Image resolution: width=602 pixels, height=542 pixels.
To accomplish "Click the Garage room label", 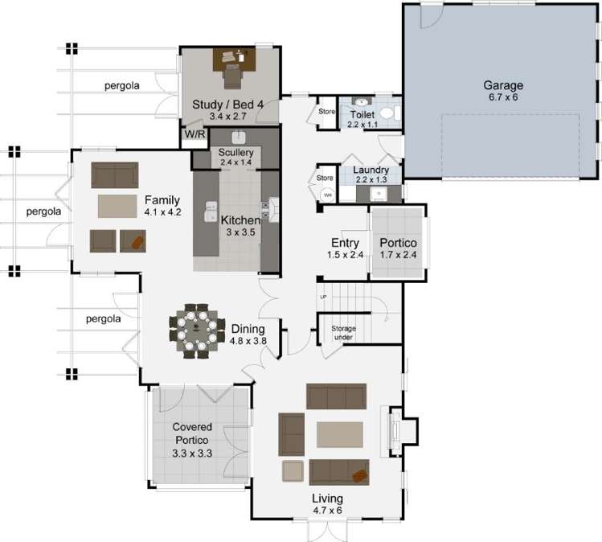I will (x=503, y=84).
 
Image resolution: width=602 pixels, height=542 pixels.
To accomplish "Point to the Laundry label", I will (x=370, y=170).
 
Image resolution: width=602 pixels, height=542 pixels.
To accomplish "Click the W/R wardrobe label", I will (x=195, y=134).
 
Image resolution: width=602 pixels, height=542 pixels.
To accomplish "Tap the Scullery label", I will (x=236, y=152).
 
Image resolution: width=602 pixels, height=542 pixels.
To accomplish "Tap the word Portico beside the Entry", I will (x=398, y=243).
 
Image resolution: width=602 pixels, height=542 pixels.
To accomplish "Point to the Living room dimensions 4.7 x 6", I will (x=327, y=509).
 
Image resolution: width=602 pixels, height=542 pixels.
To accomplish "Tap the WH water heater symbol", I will (x=327, y=195).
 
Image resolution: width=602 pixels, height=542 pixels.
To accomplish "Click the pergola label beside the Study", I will (x=122, y=85).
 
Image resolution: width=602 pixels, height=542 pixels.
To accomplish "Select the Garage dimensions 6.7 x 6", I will (x=503, y=97).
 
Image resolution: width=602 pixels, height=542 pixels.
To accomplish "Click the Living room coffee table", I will (x=340, y=434).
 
